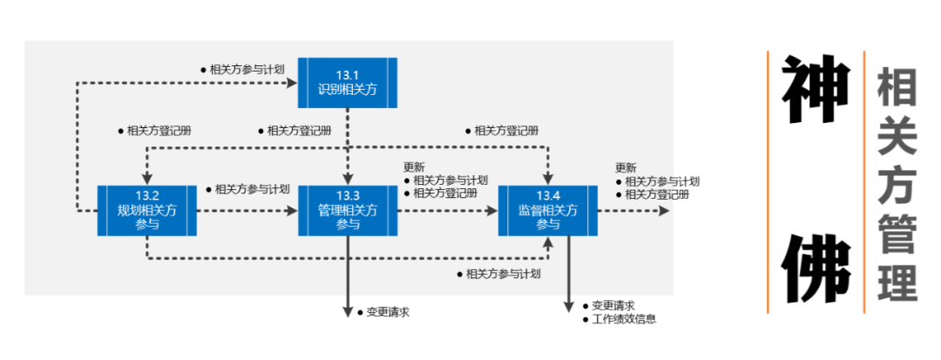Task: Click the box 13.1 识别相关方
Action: click(x=348, y=82)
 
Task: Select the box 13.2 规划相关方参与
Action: click(x=147, y=210)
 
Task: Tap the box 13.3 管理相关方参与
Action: click(x=348, y=210)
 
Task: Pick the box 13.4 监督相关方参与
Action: click(x=548, y=210)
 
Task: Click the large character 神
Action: click(x=815, y=92)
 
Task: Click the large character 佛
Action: click(x=815, y=267)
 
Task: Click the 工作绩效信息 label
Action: click(x=623, y=319)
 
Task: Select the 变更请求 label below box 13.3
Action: click(x=388, y=311)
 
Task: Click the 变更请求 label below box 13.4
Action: click(x=613, y=306)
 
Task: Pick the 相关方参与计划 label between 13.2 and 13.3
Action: click(x=252, y=189)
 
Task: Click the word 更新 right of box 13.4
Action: click(x=626, y=168)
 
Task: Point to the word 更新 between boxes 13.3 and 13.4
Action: click(x=414, y=168)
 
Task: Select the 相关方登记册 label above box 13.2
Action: click(x=159, y=131)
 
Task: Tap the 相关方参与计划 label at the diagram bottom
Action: click(x=504, y=274)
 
